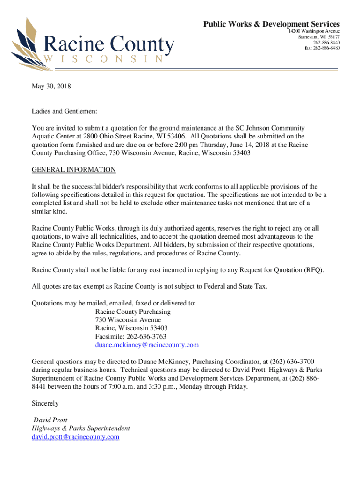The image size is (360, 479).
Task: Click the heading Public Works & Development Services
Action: (271, 24)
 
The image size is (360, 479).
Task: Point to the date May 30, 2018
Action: (51, 87)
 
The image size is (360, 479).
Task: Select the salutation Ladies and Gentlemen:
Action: (65, 112)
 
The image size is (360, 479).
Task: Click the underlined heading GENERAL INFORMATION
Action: (73, 170)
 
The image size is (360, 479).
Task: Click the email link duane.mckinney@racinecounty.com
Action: (147, 345)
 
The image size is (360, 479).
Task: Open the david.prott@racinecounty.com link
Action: (75, 437)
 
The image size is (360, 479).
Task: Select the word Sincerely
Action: (45, 403)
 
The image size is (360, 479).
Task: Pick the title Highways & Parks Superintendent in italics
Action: (81, 428)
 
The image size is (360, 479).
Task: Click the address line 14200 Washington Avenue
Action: (314, 31)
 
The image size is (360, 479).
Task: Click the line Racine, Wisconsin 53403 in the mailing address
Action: (131, 328)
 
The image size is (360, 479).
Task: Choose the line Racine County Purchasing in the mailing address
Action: (133, 312)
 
